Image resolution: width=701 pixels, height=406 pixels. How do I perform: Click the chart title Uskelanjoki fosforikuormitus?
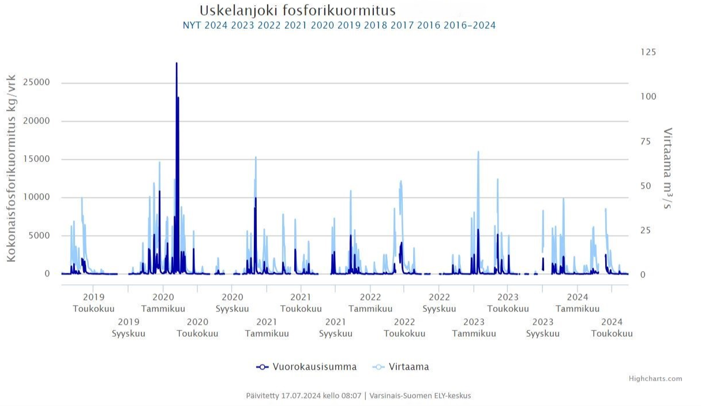click(297, 10)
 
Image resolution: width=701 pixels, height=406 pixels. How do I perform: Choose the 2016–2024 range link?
click(469, 25)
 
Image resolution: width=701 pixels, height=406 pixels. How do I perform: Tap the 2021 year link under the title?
click(295, 25)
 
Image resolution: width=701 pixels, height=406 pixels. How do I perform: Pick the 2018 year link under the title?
click(375, 25)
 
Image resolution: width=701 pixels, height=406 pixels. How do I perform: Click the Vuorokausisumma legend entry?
click(307, 367)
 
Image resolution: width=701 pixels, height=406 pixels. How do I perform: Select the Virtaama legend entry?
click(402, 367)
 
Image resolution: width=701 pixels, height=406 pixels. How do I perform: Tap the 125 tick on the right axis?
click(648, 52)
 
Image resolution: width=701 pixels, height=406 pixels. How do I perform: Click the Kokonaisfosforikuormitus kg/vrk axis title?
click(11, 168)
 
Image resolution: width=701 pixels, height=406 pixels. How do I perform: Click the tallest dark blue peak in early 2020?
click(177, 63)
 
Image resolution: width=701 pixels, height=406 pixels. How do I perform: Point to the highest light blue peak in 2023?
click(478, 152)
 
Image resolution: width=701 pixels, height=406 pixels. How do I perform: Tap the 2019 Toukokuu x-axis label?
click(93, 303)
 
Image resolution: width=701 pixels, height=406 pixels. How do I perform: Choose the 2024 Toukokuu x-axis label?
click(612, 328)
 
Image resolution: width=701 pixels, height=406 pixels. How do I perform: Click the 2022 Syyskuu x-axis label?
click(439, 303)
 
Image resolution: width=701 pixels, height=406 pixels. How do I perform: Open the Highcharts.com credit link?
click(655, 379)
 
